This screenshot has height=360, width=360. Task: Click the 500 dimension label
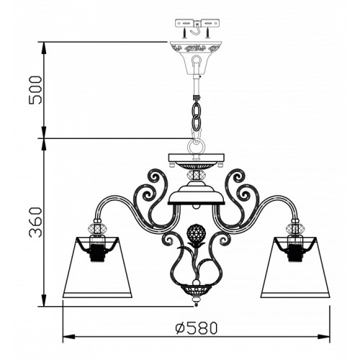point(35,90)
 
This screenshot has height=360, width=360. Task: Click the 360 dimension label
point(35,222)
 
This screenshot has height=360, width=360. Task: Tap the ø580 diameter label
point(197,328)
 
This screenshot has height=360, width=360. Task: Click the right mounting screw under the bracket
point(208,33)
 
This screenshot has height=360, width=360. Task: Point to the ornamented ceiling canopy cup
point(197,58)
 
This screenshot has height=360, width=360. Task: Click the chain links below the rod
point(197,114)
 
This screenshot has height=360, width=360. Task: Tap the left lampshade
point(97,267)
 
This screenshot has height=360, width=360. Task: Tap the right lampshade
point(295,267)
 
